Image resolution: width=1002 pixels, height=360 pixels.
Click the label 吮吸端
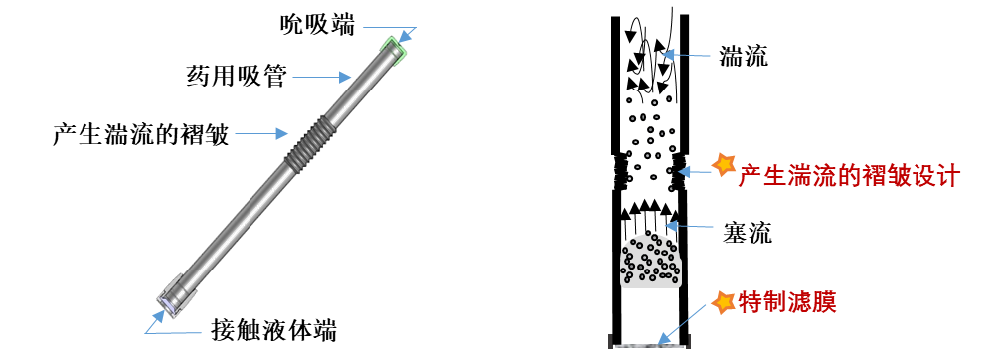317,26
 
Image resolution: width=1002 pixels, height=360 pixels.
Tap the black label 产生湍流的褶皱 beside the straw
140,134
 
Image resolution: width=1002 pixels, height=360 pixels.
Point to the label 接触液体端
273,331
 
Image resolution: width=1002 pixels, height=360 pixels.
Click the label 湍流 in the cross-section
744,57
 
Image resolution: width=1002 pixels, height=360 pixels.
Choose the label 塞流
748,232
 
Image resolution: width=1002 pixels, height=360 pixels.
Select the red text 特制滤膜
787,301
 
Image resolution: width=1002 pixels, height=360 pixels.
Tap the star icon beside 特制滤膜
724,302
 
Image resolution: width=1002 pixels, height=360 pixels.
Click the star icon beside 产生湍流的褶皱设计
724,165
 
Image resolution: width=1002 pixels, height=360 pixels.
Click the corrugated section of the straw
308,143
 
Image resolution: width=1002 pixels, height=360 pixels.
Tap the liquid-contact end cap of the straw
173,296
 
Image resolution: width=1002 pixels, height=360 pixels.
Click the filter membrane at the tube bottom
652,345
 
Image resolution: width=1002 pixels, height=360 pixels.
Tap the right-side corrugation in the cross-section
679,172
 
